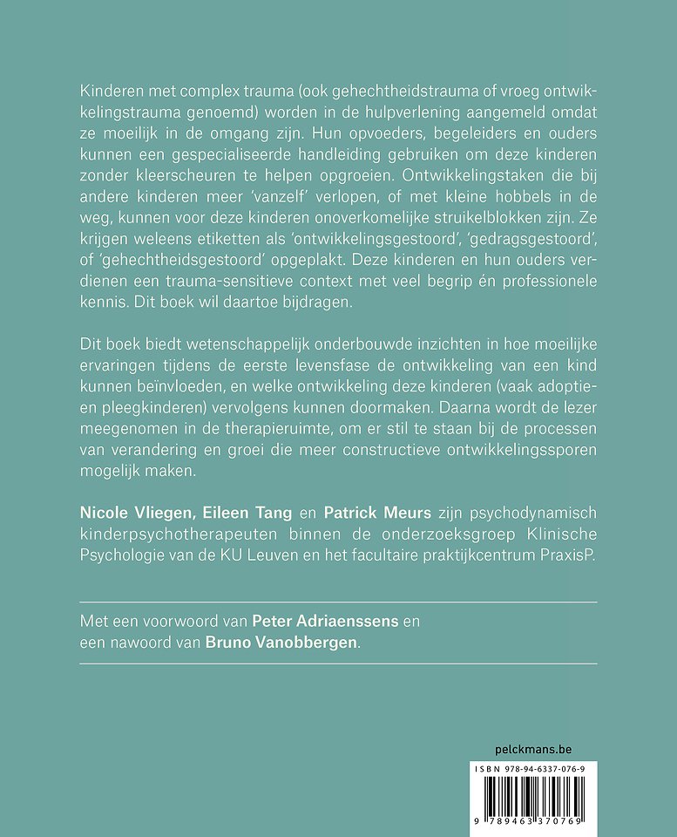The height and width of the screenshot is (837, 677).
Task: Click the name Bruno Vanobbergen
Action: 281,643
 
